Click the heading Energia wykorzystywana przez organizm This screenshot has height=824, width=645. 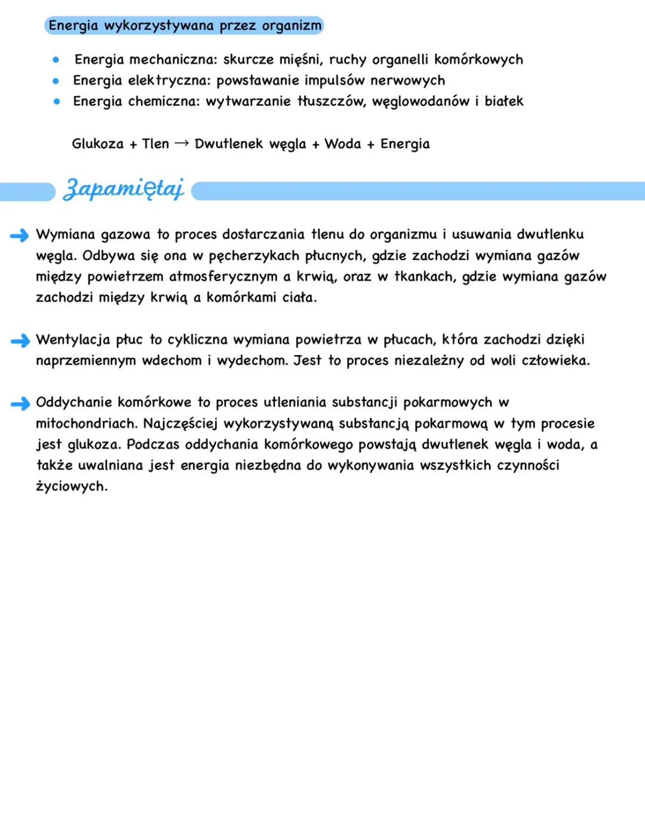coord(185,26)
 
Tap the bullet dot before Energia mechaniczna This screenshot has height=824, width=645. coord(56,60)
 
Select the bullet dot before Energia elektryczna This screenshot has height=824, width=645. coord(56,81)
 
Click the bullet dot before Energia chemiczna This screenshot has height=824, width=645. coord(56,102)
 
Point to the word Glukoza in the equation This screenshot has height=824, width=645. coord(97,144)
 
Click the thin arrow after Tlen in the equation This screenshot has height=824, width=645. coord(182,143)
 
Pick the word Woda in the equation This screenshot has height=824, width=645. coord(342,144)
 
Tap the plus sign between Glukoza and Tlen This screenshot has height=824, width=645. coord(133,145)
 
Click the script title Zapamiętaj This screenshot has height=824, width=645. coord(124,189)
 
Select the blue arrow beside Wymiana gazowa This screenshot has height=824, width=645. coord(20,235)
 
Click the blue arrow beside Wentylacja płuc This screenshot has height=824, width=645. coord(20,341)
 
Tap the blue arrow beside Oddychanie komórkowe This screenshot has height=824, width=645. coord(20,404)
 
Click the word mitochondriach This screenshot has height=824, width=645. coord(86,424)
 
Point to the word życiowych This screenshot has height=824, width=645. coord(72,487)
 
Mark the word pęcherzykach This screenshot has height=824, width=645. coord(254,256)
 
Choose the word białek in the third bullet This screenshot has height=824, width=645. coord(503,102)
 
